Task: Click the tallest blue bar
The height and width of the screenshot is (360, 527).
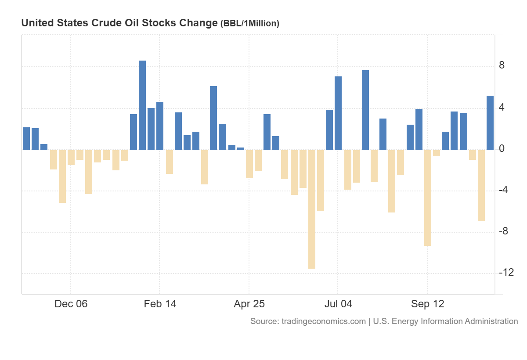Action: (142, 105)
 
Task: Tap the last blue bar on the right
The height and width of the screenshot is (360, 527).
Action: (490, 123)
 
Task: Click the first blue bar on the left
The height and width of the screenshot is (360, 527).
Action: (26, 139)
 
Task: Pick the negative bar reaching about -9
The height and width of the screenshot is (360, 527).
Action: (428, 198)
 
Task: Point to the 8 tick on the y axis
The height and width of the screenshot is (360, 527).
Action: (502, 66)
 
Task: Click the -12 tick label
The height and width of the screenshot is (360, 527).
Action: (506, 273)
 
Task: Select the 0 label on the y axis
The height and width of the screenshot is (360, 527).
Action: (502, 149)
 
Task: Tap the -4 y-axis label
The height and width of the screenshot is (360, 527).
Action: (504, 190)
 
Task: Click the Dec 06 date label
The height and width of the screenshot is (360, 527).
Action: (71, 304)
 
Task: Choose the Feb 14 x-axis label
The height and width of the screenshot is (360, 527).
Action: (160, 304)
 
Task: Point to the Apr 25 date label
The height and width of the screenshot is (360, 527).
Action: (249, 304)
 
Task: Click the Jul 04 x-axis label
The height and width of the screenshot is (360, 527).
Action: (338, 304)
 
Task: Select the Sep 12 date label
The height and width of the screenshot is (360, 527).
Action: (427, 304)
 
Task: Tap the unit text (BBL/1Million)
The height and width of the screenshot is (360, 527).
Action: (249, 24)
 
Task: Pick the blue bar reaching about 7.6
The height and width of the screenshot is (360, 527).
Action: (365, 110)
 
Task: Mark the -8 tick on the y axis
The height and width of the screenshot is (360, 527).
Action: (504, 231)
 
